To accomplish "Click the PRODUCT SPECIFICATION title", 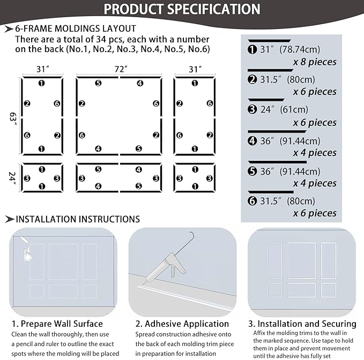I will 182,9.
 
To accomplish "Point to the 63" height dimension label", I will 12,117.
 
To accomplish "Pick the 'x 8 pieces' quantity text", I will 315,62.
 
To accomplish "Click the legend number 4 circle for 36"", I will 252,141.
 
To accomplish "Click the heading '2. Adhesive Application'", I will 182,324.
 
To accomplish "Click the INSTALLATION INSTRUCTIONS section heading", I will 73,219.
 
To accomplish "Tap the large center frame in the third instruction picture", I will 302,260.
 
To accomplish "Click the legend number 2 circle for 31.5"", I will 252,79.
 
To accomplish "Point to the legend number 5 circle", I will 252,171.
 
